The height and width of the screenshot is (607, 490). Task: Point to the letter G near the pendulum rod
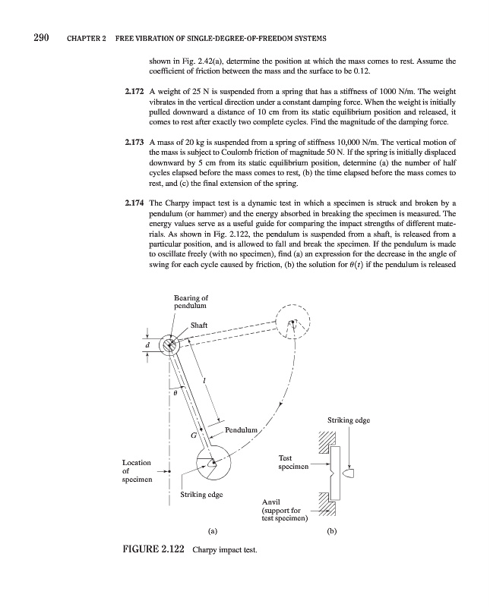pyautogui.click(x=193, y=436)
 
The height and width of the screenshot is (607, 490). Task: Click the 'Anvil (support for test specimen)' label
pyautogui.click(x=284, y=511)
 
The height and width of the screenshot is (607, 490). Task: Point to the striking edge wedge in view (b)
pyautogui.click(x=349, y=473)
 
